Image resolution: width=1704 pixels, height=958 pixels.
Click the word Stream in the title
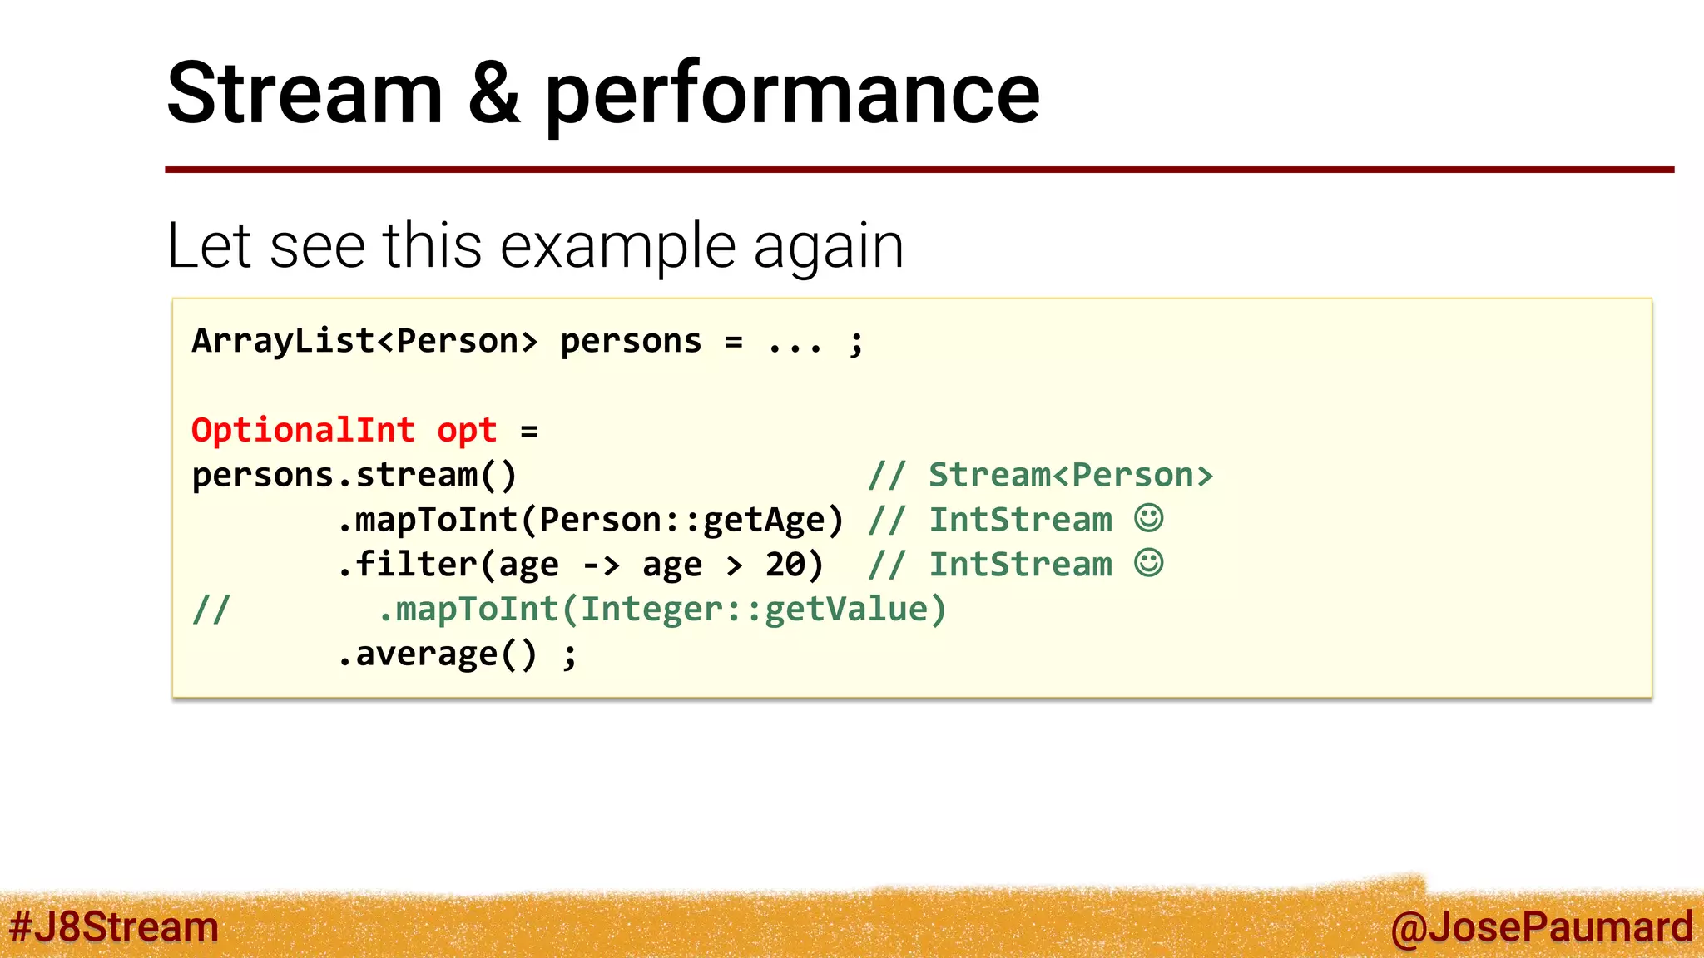[x=305, y=93]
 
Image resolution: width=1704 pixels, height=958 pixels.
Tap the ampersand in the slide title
[x=493, y=93]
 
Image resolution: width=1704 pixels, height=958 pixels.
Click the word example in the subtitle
[x=618, y=246]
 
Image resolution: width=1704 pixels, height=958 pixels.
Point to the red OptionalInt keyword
[x=303, y=431]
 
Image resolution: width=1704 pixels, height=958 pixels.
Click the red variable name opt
[x=467, y=431]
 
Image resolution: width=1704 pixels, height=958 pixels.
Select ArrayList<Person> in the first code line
[x=364, y=341]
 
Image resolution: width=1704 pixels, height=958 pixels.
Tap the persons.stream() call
[x=354, y=476]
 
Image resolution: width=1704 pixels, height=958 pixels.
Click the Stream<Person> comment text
[x=1071, y=476]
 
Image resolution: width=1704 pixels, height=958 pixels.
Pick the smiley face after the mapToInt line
[x=1149, y=518]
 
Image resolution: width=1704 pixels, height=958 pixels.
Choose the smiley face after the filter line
[x=1149, y=563]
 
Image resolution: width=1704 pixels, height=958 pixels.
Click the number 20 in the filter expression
[x=785, y=565]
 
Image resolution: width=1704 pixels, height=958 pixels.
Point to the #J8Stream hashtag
[x=114, y=927]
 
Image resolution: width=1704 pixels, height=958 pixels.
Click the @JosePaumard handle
[x=1541, y=927]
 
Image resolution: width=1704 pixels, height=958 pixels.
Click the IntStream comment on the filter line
[x=1020, y=565]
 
